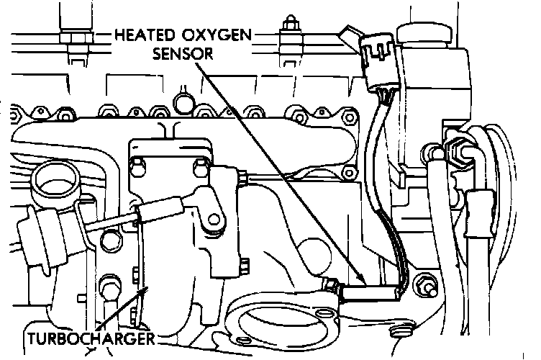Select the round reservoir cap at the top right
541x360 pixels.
click(429, 32)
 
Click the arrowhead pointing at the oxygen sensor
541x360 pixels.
click(363, 281)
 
